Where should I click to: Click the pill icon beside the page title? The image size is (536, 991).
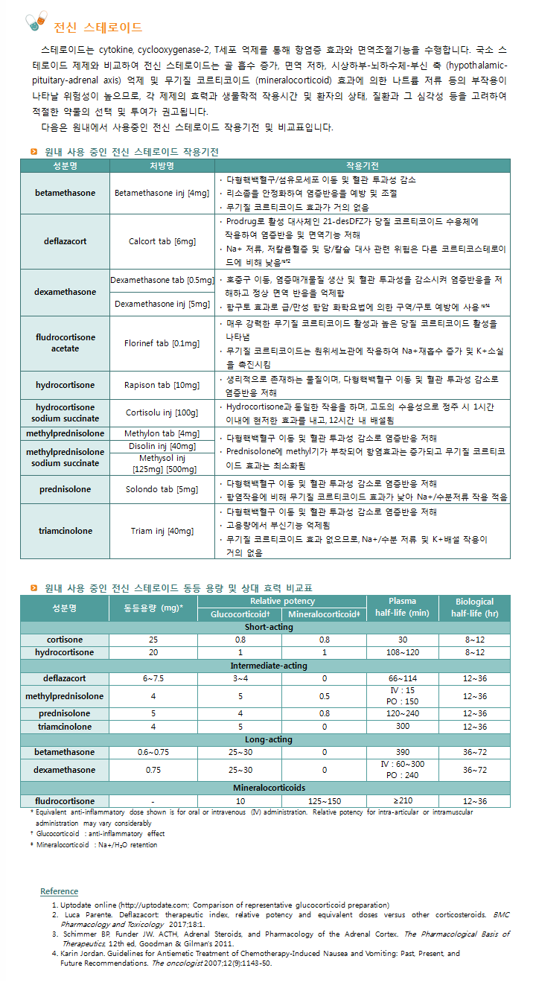[35, 22]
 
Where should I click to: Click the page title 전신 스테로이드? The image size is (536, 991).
[98, 28]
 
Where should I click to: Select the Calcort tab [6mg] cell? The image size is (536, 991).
[162, 241]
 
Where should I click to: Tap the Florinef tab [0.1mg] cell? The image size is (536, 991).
[162, 343]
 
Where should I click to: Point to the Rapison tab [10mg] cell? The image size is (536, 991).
[162, 385]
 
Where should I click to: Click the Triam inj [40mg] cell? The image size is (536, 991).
[162, 531]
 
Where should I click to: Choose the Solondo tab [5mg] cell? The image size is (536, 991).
[162, 489]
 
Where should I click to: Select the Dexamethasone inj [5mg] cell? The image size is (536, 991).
[162, 304]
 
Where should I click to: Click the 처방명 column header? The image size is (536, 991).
[162, 165]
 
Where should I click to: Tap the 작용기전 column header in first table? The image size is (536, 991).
[362, 165]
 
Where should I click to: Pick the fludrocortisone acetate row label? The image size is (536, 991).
[66, 342]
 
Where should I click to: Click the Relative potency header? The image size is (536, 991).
[282, 601]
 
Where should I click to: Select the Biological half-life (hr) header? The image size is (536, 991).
[474, 608]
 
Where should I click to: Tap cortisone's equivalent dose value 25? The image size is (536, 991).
[153, 640]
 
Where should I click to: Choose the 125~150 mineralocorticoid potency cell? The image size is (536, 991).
[324, 800]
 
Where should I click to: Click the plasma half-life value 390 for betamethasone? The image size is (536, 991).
[403, 752]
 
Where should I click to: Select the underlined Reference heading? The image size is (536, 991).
[59, 891]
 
